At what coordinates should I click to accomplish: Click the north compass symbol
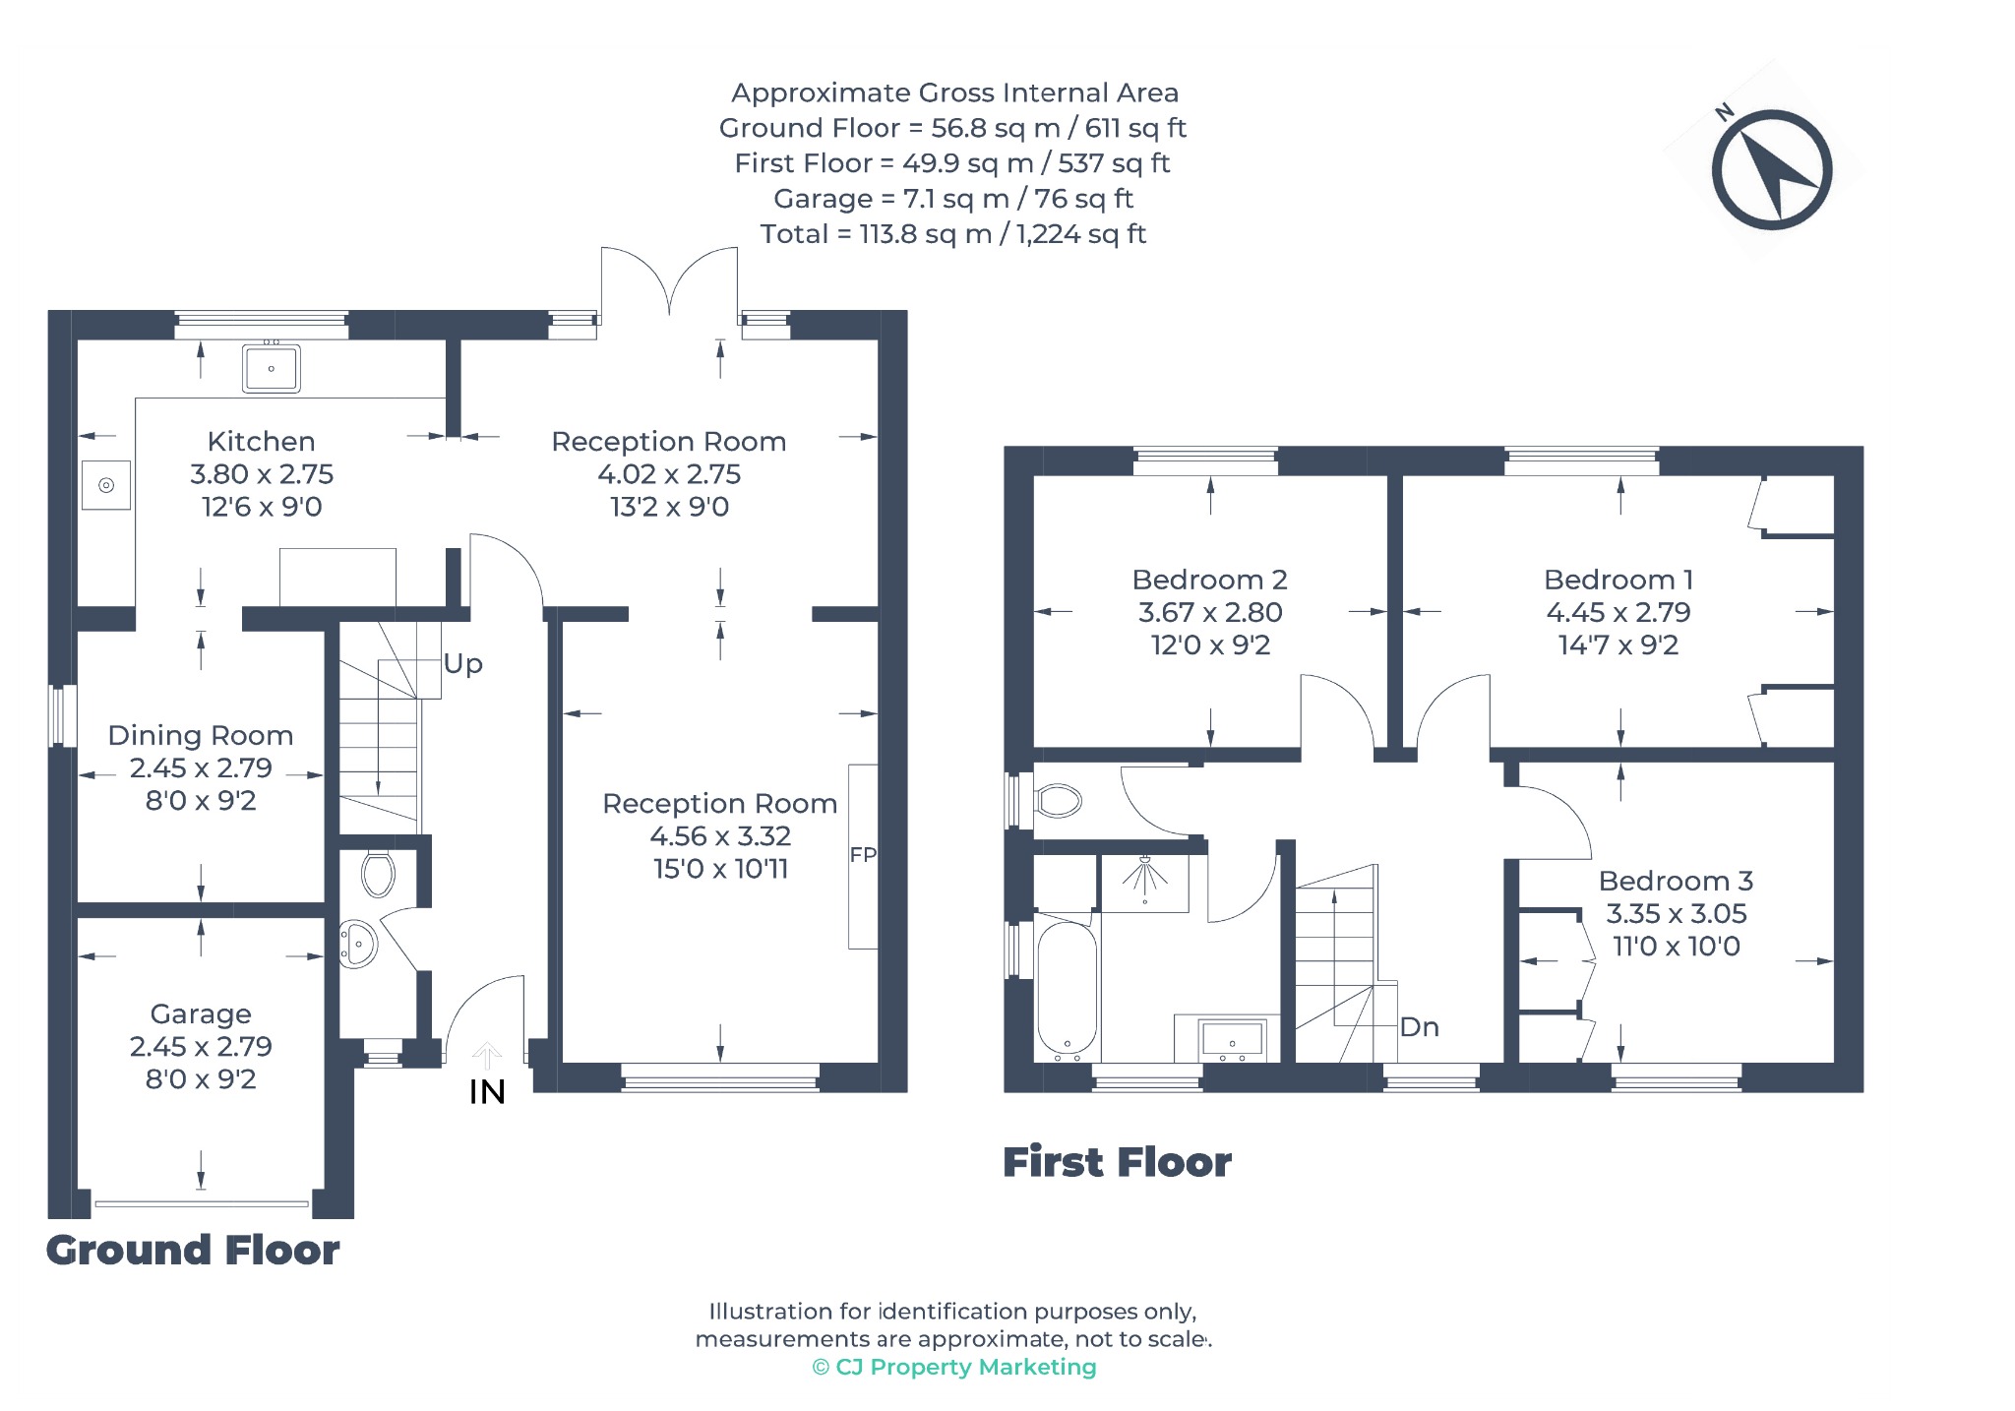click(x=1771, y=169)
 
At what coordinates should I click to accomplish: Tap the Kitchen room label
click(x=261, y=442)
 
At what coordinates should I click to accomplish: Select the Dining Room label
click(x=201, y=735)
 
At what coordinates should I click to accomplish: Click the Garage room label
click(x=201, y=1013)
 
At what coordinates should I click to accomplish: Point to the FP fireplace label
click(x=863, y=855)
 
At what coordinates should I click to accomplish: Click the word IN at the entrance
click(x=487, y=1092)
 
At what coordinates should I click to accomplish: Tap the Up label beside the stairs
click(x=462, y=664)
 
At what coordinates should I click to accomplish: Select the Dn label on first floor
click(x=1419, y=1027)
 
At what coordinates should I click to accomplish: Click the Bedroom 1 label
click(x=1618, y=580)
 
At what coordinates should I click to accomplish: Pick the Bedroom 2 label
click(x=1209, y=580)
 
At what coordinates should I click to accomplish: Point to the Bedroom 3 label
click(x=1676, y=881)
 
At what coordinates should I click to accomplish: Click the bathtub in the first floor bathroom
click(x=1067, y=987)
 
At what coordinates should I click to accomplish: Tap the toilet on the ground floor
click(x=378, y=874)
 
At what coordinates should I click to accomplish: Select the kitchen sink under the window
click(x=271, y=368)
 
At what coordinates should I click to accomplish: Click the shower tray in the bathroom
click(x=1145, y=883)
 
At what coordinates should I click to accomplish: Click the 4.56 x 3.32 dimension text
click(x=720, y=836)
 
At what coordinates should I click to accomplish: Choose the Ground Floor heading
click(x=193, y=1251)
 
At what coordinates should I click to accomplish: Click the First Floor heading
click(x=1117, y=1162)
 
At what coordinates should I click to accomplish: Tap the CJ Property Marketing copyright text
click(x=954, y=1367)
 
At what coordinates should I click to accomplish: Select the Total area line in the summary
click(x=953, y=234)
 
